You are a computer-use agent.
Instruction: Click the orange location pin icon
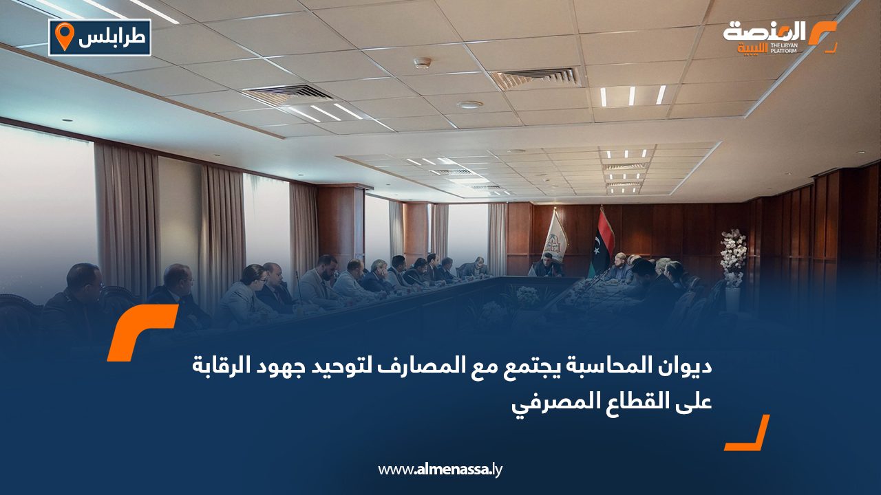point(64,36)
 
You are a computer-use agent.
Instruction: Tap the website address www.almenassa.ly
point(441,470)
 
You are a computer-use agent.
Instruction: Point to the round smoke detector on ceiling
point(422,63)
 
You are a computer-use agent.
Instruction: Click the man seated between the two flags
point(547,264)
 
